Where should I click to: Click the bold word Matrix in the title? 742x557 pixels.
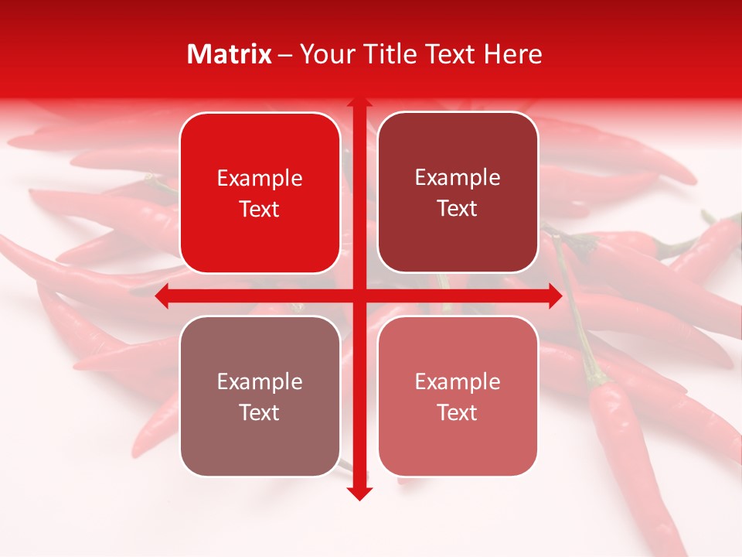click(x=230, y=54)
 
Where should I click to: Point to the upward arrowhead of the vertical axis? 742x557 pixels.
click(x=359, y=103)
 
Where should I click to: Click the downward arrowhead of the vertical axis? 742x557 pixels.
click(x=359, y=493)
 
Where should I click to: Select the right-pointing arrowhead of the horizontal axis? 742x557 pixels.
click(x=554, y=296)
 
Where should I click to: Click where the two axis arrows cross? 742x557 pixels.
click(x=359, y=296)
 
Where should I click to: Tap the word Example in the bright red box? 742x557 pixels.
click(x=260, y=179)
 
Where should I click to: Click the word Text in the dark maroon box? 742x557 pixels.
click(x=458, y=209)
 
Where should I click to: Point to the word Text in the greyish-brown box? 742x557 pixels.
click(x=260, y=412)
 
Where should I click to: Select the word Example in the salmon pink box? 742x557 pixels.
click(x=458, y=381)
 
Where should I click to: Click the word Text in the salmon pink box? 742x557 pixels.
click(x=458, y=412)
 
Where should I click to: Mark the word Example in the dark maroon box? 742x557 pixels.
click(x=458, y=178)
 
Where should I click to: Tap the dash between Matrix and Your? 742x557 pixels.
click(x=285, y=55)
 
